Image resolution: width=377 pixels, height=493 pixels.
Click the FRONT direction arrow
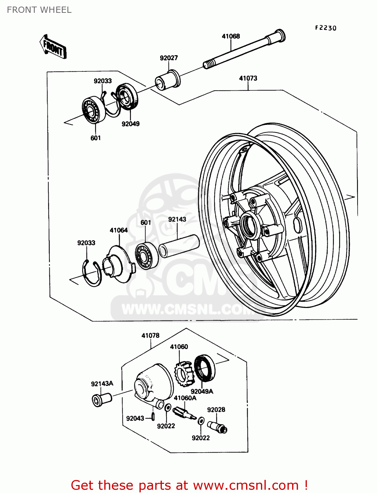[53, 47]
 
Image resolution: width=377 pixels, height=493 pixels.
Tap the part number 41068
[231, 36]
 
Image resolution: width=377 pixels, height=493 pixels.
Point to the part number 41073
[248, 78]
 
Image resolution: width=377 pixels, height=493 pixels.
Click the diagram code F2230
[325, 28]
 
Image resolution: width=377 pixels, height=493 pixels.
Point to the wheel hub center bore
[249, 225]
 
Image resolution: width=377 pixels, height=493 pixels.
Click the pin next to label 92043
[153, 417]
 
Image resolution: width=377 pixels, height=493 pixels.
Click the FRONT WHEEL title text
[39, 10]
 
